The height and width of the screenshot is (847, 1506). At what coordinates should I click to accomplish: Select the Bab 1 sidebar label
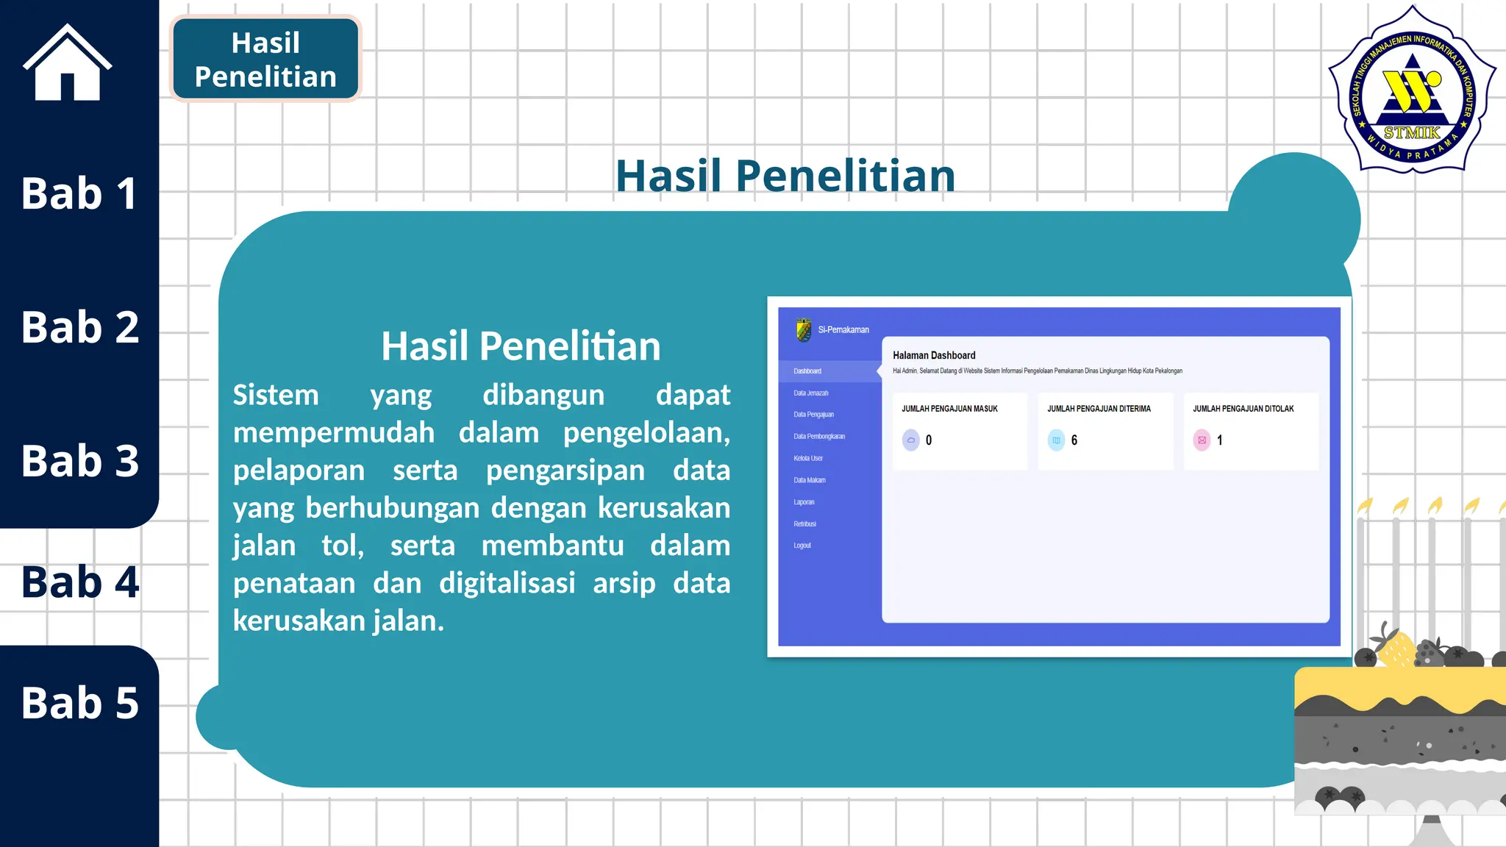[x=79, y=193]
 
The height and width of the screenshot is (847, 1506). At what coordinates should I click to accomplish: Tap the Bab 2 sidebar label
[x=79, y=327]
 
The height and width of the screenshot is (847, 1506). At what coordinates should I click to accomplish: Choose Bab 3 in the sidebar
[x=79, y=461]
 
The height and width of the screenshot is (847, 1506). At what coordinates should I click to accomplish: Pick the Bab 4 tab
[x=79, y=582]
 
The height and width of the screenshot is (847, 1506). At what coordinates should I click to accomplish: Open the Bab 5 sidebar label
[x=79, y=703]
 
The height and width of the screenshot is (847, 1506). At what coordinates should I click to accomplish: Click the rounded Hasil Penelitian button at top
[x=265, y=60]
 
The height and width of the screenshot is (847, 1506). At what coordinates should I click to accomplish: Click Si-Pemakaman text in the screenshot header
[x=843, y=330]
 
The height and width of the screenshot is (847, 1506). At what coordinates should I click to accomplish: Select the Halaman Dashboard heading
[x=934, y=355]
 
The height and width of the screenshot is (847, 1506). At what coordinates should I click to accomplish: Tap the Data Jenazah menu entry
[x=810, y=393]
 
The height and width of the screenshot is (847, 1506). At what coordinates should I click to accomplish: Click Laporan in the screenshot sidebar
[x=804, y=502]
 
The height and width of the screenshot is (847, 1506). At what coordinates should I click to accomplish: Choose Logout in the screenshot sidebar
[x=802, y=546]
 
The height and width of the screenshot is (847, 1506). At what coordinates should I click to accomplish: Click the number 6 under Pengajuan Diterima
[x=1074, y=440]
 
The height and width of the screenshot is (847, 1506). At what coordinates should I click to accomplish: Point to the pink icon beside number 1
[x=1202, y=440]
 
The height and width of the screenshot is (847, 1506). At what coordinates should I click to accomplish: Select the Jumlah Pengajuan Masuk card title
[x=949, y=409]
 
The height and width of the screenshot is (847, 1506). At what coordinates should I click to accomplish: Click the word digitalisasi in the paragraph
[x=507, y=583]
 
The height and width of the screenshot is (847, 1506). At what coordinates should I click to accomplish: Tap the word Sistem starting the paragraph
[x=276, y=395]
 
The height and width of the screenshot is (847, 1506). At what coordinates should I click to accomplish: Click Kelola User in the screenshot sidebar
[x=807, y=458]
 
